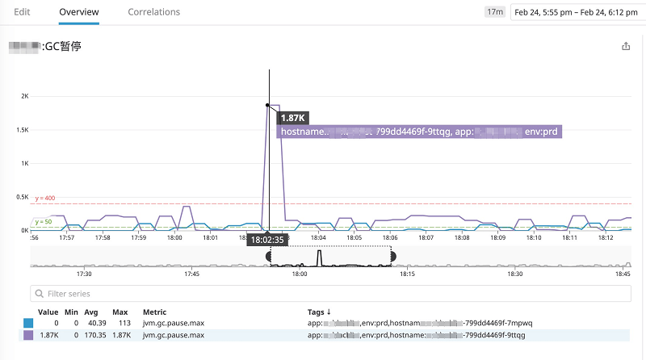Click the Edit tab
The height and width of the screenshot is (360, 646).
[x=22, y=12]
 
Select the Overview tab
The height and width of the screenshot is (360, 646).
[x=79, y=12]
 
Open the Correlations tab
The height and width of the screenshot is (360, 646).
[x=153, y=12]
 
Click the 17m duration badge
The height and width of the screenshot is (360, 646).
[x=494, y=12]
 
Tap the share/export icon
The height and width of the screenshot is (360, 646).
[x=626, y=47]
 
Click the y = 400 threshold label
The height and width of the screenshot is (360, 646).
[x=45, y=198]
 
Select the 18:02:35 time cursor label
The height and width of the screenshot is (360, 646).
[x=267, y=240]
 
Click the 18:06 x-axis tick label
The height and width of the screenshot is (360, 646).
[x=389, y=237]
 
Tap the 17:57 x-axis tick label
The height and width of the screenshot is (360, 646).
[x=67, y=237]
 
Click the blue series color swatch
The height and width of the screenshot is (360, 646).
[x=30, y=323]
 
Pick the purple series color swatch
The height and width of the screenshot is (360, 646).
[x=30, y=334]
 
